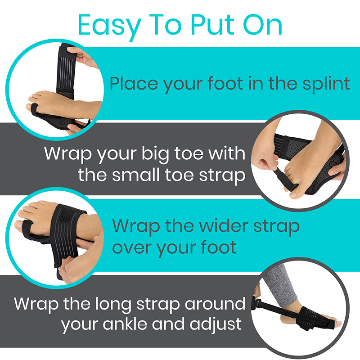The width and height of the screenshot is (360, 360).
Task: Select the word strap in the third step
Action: tap(275, 226)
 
